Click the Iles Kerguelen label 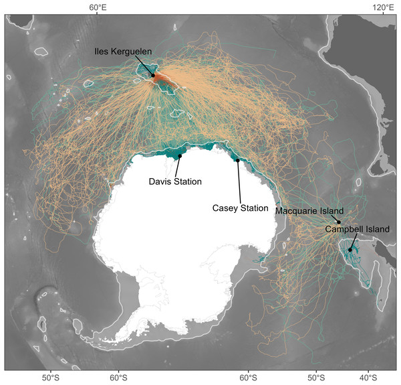coord(124,51)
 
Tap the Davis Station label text coord(174,181)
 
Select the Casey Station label coord(240,208)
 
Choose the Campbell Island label coord(357,229)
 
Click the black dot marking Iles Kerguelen coord(153,75)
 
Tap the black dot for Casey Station coord(237,160)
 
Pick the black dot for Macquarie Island coord(339,222)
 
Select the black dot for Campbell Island coord(350,250)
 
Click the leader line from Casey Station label coord(239,181)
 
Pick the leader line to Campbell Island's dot coord(354,241)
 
